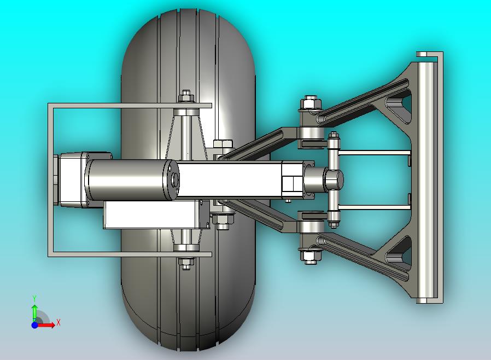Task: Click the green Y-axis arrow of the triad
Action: (34, 312)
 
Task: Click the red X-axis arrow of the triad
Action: (46, 325)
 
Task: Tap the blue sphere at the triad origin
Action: (34, 325)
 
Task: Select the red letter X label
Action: (59, 322)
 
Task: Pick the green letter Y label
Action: (34, 298)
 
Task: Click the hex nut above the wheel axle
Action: (186, 96)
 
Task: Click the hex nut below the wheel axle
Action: (186, 264)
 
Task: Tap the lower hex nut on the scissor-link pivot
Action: (310, 256)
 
